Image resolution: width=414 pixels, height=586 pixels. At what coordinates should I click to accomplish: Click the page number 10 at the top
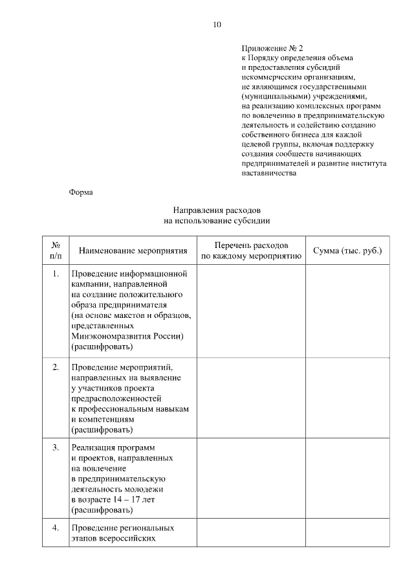pos(216,25)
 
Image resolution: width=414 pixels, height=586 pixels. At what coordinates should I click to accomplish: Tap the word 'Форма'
pos(81,192)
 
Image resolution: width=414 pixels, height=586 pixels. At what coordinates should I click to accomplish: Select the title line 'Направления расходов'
pos(216,210)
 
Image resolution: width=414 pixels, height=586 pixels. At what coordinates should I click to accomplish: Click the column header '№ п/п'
pos(56,251)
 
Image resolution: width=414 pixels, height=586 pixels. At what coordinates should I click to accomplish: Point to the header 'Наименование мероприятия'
pos(133,251)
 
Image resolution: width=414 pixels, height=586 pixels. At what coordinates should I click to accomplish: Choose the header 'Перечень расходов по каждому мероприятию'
pos(251,251)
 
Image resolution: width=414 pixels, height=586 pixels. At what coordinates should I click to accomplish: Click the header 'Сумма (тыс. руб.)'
pos(347,251)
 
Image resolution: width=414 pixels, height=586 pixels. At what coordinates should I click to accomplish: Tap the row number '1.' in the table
pos(56,273)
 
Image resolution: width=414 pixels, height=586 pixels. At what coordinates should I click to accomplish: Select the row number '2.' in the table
pos(56,367)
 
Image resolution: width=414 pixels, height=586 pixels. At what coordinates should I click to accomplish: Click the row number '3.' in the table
pos(56,447)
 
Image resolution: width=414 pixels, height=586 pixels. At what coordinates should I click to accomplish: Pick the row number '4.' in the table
pos(56,528)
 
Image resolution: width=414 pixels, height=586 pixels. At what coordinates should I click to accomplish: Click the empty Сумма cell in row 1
pos(347,311)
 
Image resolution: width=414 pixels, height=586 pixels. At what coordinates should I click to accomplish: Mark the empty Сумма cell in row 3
pos(347,478)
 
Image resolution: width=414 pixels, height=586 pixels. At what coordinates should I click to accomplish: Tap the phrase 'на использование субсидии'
pos(216,221)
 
